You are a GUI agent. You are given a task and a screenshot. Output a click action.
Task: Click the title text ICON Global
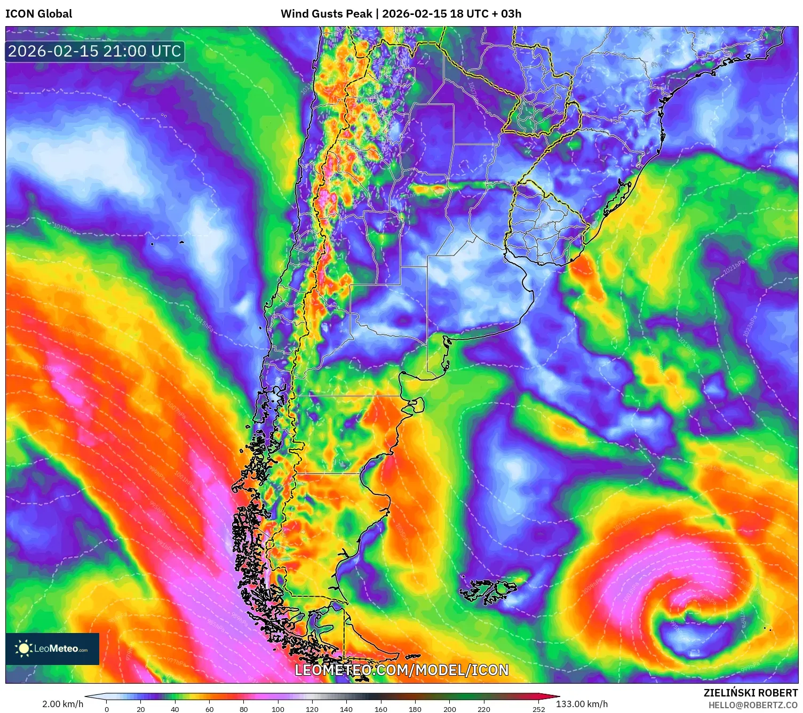click(x=38, y=14)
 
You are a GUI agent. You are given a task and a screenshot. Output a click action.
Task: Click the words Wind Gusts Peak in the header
click(x=326, y=14)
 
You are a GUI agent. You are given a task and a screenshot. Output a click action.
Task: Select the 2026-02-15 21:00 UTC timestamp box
click(x=94, y=51)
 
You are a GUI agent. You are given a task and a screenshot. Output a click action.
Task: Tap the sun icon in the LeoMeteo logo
click(x=23, y=648)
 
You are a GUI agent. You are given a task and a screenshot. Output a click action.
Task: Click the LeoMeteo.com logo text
click(x=60, y=649)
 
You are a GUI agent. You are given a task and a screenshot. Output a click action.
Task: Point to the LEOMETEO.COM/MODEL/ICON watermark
click(x=401, y=670)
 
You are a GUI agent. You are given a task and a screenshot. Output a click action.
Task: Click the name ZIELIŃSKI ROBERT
click(x=750, y=693)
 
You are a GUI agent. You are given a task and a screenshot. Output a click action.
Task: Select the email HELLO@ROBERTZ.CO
click(x=753, y=705)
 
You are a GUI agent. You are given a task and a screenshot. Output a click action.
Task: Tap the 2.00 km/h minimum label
click(x=62, y=704)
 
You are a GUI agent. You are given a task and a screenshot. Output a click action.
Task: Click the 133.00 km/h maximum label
click(x=582, y=704)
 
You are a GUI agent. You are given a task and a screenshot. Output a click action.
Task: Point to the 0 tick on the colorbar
click(x=107, y=709)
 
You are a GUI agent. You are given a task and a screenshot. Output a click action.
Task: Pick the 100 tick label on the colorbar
click(x=278, y=709)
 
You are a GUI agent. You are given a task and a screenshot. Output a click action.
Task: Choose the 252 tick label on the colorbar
click(x=539, y=709)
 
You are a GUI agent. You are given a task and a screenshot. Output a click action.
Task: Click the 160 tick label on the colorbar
click(x=381, y=709)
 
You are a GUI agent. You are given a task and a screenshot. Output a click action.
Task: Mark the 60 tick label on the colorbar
click(x=209, y=709)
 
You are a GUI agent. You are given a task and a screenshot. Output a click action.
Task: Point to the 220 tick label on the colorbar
click(x=484, y=709)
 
